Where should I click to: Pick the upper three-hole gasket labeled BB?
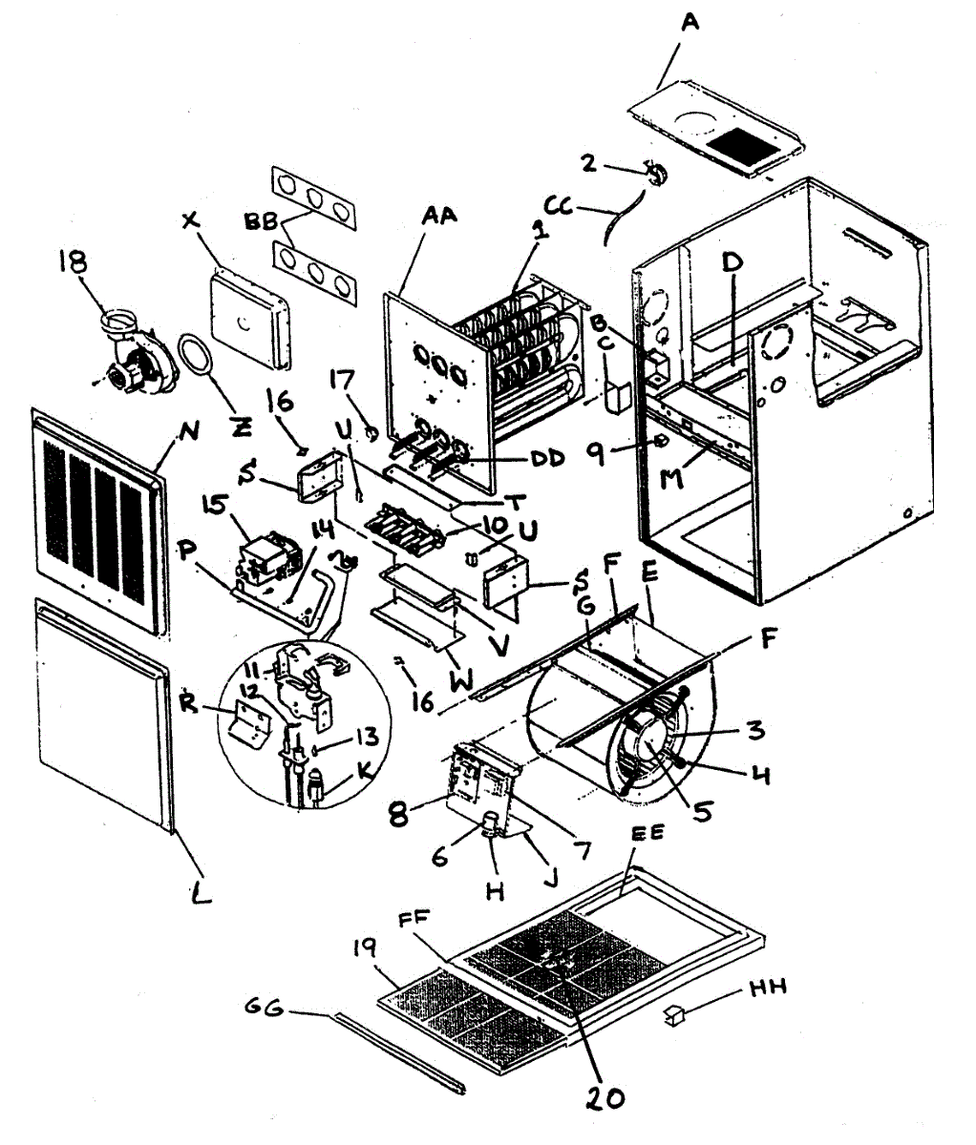(315, 198)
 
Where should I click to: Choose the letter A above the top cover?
(690, 21)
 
